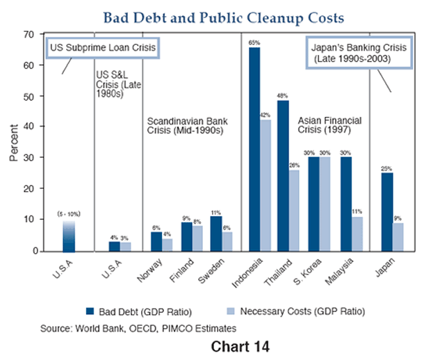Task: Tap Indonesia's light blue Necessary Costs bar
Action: point(266,185)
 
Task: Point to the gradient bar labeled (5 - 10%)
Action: point(67,236)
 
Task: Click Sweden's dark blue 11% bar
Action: point(216,233)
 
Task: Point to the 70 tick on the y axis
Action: point(29,34)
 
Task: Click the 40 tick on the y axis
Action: point(29,126)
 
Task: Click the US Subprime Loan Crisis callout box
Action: point(101,48)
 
